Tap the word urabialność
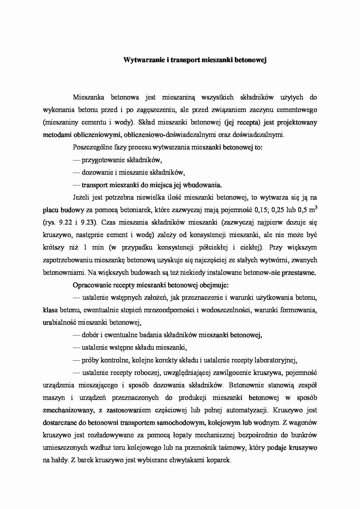click(x=59, y=322)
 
